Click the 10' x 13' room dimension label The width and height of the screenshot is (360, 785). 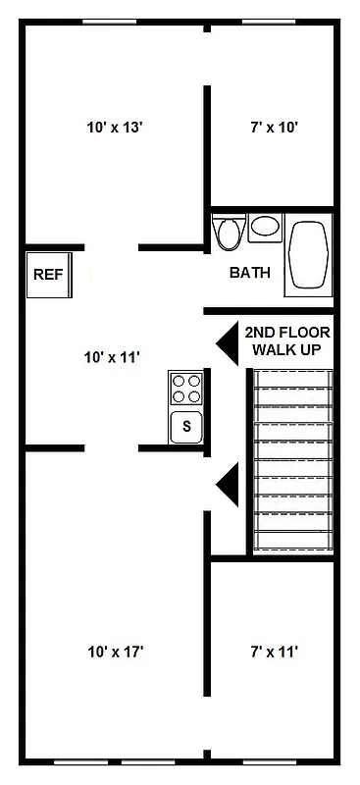(x=115, y=127)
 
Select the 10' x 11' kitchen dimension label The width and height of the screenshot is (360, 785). (x=114, y=358)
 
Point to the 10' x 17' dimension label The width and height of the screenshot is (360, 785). (x=117, y=651)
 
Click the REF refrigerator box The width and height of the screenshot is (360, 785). (x=48, y=275)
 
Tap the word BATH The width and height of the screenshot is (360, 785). (x=250, y=273)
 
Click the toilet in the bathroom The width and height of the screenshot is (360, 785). (x=229, y=233)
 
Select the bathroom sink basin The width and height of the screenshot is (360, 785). (x=265, y=228)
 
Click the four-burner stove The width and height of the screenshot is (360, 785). (x=186, y=389)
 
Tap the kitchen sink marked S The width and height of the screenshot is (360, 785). (x=186, y=427)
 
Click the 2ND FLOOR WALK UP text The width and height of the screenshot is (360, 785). (x=286, y=340)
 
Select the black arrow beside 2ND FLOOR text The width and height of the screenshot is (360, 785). (x=227, y=340)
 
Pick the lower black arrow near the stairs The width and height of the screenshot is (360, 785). (x=227, y=484)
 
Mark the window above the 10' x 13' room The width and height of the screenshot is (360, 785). (x=109, y=23)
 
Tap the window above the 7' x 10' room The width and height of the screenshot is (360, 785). (x=269, y=23)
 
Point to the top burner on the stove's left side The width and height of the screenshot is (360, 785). (x=180, y=381)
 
